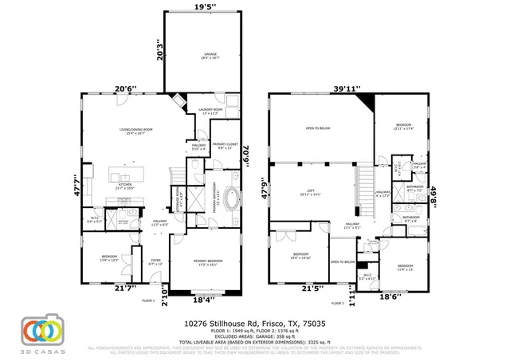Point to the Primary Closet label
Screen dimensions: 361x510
(x=226, y=145)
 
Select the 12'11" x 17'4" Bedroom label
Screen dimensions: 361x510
(x=405, y=126)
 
